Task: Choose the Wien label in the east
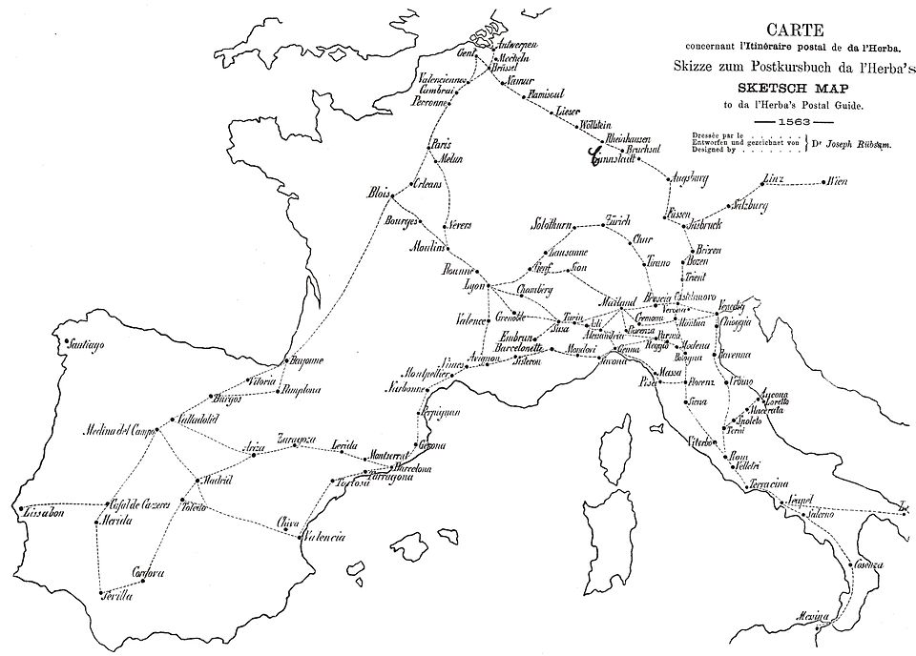[x=838, y=179]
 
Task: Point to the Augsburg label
[x=687, y=177]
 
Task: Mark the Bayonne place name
[x=305, y=359]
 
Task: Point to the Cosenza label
[x=868, y=564]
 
